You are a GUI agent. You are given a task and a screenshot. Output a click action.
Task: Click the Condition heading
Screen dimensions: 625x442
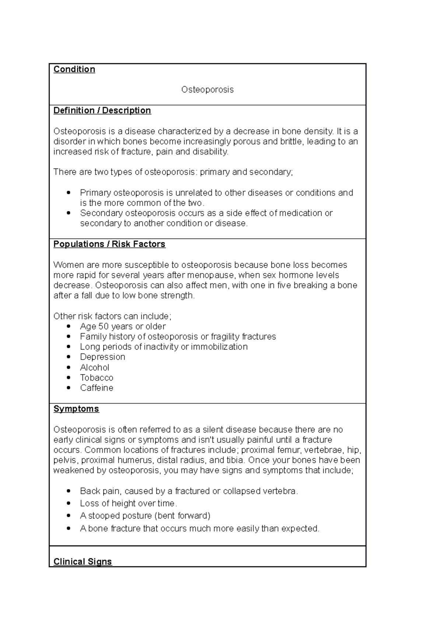coord(74,69)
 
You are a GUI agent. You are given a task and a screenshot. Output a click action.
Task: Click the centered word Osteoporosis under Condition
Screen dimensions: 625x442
coord(207,89)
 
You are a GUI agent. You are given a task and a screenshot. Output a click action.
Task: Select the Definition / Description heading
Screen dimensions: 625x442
coord(102,110)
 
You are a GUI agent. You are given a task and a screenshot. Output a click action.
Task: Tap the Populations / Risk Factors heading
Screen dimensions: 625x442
coord(109,244)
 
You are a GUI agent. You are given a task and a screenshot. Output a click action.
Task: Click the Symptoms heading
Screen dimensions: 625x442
coord(76,409)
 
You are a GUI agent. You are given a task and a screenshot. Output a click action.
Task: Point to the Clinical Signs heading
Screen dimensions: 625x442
coord(83,561)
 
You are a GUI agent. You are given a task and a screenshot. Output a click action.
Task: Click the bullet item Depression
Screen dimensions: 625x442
coord(102,357)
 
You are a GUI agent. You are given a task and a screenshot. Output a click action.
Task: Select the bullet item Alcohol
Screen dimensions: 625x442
coord(95,367)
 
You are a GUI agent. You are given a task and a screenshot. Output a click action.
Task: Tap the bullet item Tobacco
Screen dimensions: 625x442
coord(97,378)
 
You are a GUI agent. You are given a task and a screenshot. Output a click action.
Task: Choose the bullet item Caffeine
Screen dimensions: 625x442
coord(97,388)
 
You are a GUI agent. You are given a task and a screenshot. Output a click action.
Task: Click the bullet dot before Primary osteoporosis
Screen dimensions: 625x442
coord(68,193)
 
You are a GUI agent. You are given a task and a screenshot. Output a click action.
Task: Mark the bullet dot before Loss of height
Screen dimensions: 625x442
coord(68,503)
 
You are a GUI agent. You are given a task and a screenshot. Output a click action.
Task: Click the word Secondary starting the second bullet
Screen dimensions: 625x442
coord(101,213)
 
